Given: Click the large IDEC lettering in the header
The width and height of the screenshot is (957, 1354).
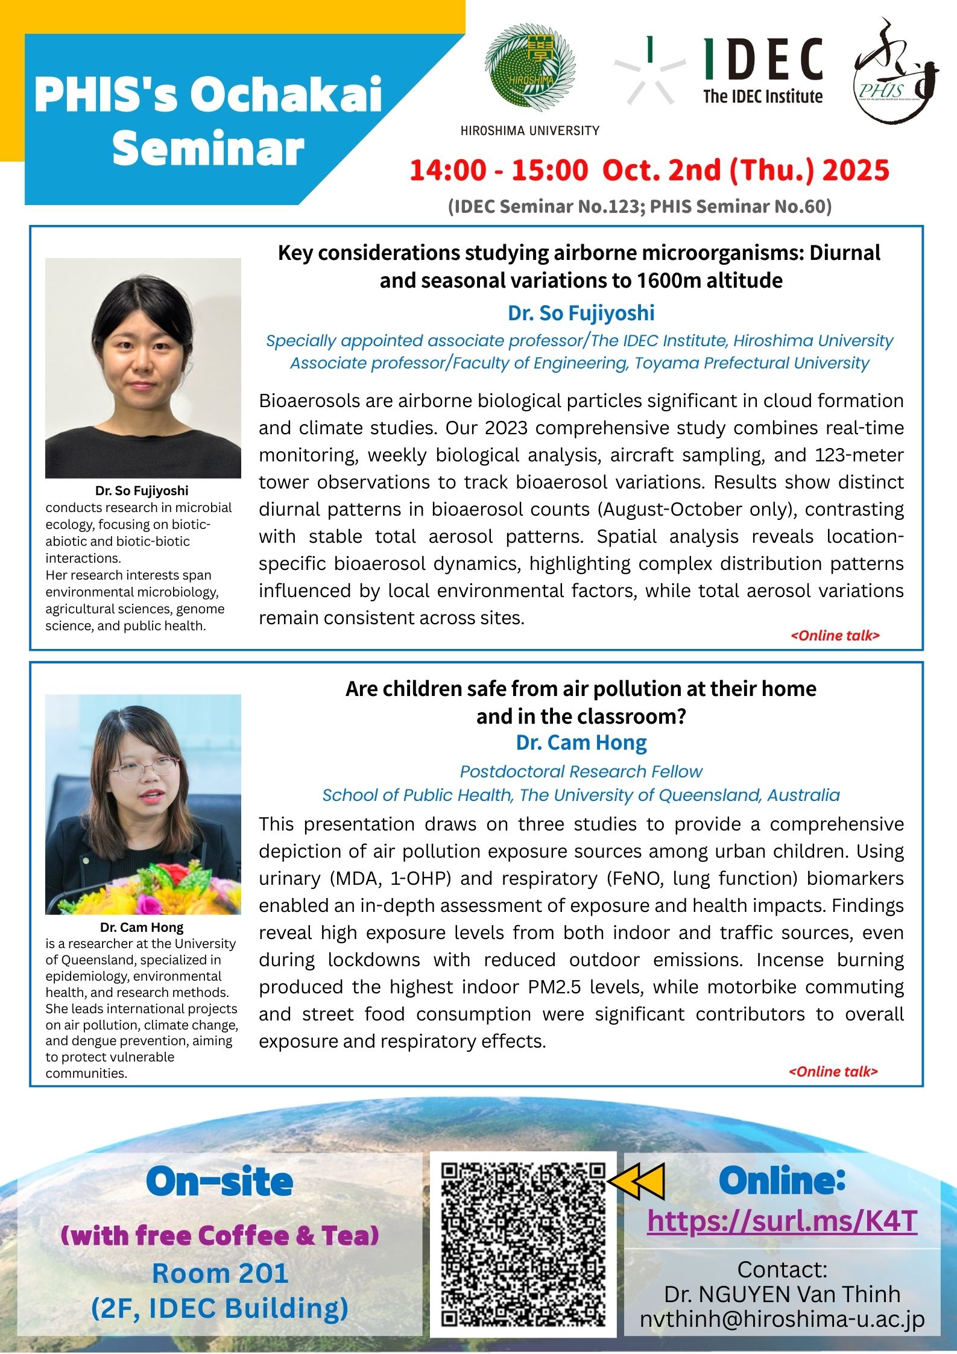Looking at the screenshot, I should [763, 60].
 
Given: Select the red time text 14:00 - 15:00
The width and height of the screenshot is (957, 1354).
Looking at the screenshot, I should [498, 170].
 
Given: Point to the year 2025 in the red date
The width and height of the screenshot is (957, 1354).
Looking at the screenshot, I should [856, 170].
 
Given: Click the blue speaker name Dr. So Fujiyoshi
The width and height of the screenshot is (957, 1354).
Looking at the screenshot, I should [581, 313].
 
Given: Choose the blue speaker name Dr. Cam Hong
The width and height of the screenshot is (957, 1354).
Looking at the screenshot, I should [581, 742].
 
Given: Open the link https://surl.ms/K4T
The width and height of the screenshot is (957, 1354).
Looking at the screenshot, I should [782, 1221].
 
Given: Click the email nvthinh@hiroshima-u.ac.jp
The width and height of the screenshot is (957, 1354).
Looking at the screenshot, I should [782, 1319].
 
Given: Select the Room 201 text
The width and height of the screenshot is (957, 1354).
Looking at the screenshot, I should [220, 1273].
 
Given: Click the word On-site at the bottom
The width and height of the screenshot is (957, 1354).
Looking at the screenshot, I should [220, 1182].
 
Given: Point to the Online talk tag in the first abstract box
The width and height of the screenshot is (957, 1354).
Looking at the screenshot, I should [835, 636].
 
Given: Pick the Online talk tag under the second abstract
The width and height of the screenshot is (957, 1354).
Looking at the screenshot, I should [833, 1071].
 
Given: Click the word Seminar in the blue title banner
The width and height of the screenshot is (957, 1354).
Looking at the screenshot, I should [208, 148].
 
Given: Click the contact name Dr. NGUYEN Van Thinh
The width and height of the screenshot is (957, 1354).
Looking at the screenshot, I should [782, 1294].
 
